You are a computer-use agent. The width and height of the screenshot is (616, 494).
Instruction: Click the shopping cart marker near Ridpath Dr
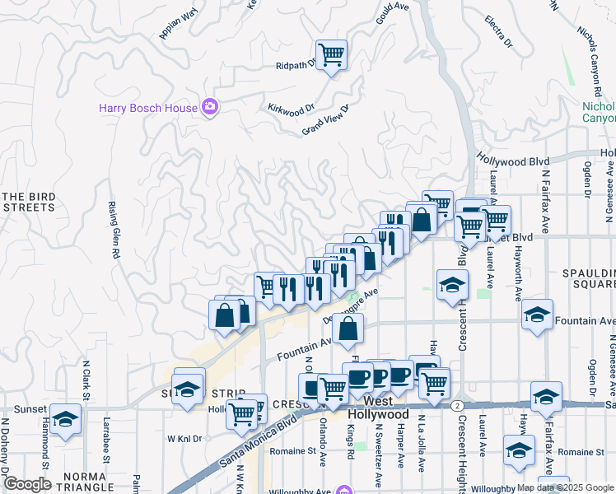(x=331, y=56)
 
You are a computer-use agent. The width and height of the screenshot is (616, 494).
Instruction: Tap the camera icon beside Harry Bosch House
(x=210, y=107)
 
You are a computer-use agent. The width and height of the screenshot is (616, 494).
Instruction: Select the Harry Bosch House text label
(x=148, y=108)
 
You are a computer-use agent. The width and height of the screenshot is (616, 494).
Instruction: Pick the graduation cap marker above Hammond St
(x=65, y=419)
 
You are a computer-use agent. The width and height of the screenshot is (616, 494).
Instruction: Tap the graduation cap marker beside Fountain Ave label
(x=537, y=315)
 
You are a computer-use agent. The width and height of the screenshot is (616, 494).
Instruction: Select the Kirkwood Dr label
(x=292, y=108)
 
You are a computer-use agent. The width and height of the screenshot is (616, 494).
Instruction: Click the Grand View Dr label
(x=325, y=120)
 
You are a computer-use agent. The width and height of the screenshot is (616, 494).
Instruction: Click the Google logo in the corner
(x=26, y=484)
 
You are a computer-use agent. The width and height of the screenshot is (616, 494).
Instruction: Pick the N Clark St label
(x=86, y=381)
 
